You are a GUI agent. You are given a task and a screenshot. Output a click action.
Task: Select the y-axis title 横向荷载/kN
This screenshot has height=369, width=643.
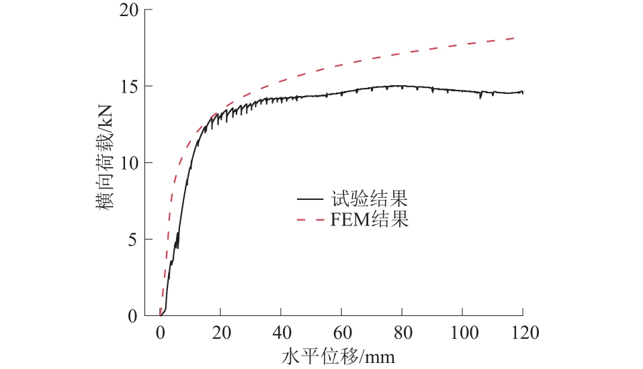click(107, 163)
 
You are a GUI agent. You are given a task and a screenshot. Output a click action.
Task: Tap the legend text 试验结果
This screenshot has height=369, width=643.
click(369, 199)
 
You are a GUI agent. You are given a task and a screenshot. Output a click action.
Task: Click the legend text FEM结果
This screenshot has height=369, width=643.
click(370, 219)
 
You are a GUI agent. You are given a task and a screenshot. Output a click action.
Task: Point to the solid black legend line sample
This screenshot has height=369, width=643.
click(310, 199)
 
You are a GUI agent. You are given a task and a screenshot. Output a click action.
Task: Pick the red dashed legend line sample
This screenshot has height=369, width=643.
click(310, 219)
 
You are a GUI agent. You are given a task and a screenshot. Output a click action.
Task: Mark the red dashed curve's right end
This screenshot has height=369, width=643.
click(515, 38)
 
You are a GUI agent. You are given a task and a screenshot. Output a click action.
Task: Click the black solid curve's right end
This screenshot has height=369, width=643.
click(523, 93)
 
